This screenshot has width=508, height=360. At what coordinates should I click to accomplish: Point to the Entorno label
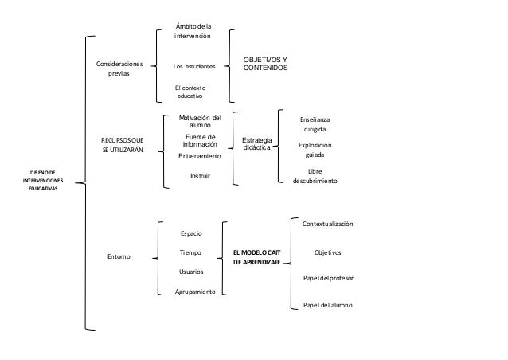119,256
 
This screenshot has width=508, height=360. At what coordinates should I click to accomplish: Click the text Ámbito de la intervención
193,32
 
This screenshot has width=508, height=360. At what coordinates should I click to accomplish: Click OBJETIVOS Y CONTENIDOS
266,65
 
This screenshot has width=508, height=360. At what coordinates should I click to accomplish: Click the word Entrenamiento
199,157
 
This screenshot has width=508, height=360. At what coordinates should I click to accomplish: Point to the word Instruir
200,175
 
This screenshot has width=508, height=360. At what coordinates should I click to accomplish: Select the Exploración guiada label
315,151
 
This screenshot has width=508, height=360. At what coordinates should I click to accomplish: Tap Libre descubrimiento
315,176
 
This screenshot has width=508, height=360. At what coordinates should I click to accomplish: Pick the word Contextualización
327,225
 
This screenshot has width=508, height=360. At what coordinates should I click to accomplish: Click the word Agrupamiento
195,292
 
